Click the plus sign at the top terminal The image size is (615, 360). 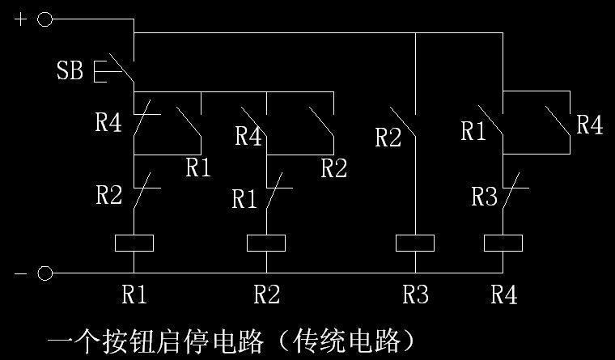click(x=19, y=19)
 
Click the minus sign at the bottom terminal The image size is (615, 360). click(x=19, y=273)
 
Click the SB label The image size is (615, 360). click(x=70, y=71)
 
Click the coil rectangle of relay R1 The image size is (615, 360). click(x=134, y=242)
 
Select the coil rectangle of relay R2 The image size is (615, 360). click(x=266, y=242)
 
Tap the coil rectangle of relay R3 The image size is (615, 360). click(x=414, y=242)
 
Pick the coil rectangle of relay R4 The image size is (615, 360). click(x=503, y=242)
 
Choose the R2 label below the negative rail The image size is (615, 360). click(x=266, y=295)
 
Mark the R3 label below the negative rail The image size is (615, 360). click(x=414, y=295)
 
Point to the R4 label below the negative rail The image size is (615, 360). click(x=503, y=295)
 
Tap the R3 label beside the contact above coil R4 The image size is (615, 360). click(x=484, y=197)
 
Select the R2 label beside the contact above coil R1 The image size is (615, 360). click(x=110, y=195)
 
